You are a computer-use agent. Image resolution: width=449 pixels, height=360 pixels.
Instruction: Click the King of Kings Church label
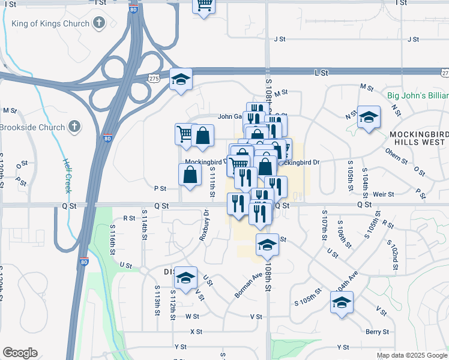tap(51, 24)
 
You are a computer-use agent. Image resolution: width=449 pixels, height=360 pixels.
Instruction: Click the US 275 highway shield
tap(154, 78)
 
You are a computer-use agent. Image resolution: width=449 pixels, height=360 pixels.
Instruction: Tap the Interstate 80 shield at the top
tap(133, 10)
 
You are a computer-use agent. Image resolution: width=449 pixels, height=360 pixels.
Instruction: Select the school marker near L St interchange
tap(180, 79)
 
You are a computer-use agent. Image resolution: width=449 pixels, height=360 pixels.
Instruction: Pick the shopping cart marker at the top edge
tap(204, 5)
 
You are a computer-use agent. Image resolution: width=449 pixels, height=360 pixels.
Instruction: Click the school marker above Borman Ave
tap(267, 244)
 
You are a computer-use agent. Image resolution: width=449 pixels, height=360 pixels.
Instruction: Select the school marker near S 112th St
tap(186, 277)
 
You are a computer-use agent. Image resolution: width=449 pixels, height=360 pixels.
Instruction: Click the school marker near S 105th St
tap(342, 302)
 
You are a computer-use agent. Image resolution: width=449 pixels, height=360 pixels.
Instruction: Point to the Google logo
tap(20, 353)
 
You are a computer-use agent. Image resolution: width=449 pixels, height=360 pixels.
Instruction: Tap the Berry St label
tap(377, 331)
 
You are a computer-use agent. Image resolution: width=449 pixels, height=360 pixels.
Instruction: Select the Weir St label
tap(382, 194)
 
